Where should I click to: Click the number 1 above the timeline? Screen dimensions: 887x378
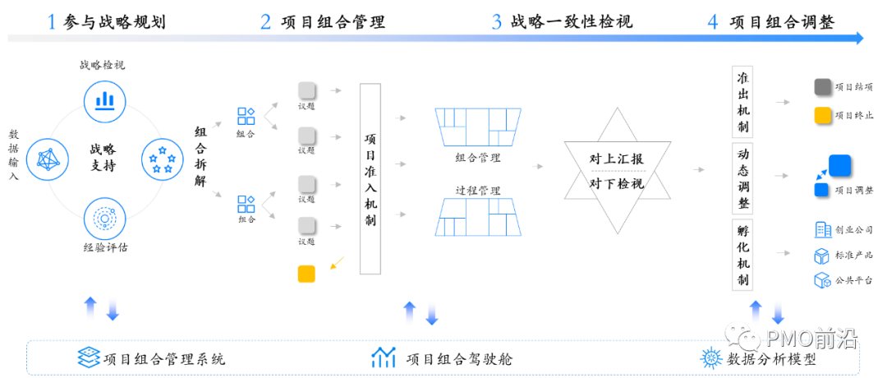pos(52,22)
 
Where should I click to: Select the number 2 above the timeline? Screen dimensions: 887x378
pos(265,22)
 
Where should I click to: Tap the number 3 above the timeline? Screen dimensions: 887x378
pos(497,22)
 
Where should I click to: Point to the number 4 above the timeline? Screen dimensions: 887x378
pos(712,22)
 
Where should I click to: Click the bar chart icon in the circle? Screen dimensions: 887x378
pos(104,102)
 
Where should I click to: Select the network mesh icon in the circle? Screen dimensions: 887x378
pos(47,159)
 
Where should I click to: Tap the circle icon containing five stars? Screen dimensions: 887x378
pos(163,159)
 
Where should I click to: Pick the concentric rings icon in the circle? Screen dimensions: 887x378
pos(104,219)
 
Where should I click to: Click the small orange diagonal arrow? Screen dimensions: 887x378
pos(337,263)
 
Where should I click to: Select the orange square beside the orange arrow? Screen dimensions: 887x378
pos(306,274)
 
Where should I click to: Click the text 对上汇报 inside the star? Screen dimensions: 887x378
pos(617,159)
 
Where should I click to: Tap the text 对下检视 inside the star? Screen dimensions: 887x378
pos(617,183)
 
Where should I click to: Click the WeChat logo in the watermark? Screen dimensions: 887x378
pos(742,335)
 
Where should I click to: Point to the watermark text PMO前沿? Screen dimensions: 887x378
pos(811,339)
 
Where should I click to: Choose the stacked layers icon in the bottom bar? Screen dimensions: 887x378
pos(88,357)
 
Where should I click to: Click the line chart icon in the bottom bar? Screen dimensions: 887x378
pos(384,357)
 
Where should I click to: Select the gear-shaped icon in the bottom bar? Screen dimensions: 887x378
pos(710,357)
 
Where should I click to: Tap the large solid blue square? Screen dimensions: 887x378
pos(839,165)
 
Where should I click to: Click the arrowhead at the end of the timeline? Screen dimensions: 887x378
pos(859,38)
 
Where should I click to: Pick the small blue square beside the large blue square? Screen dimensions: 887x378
pos(820,190)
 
